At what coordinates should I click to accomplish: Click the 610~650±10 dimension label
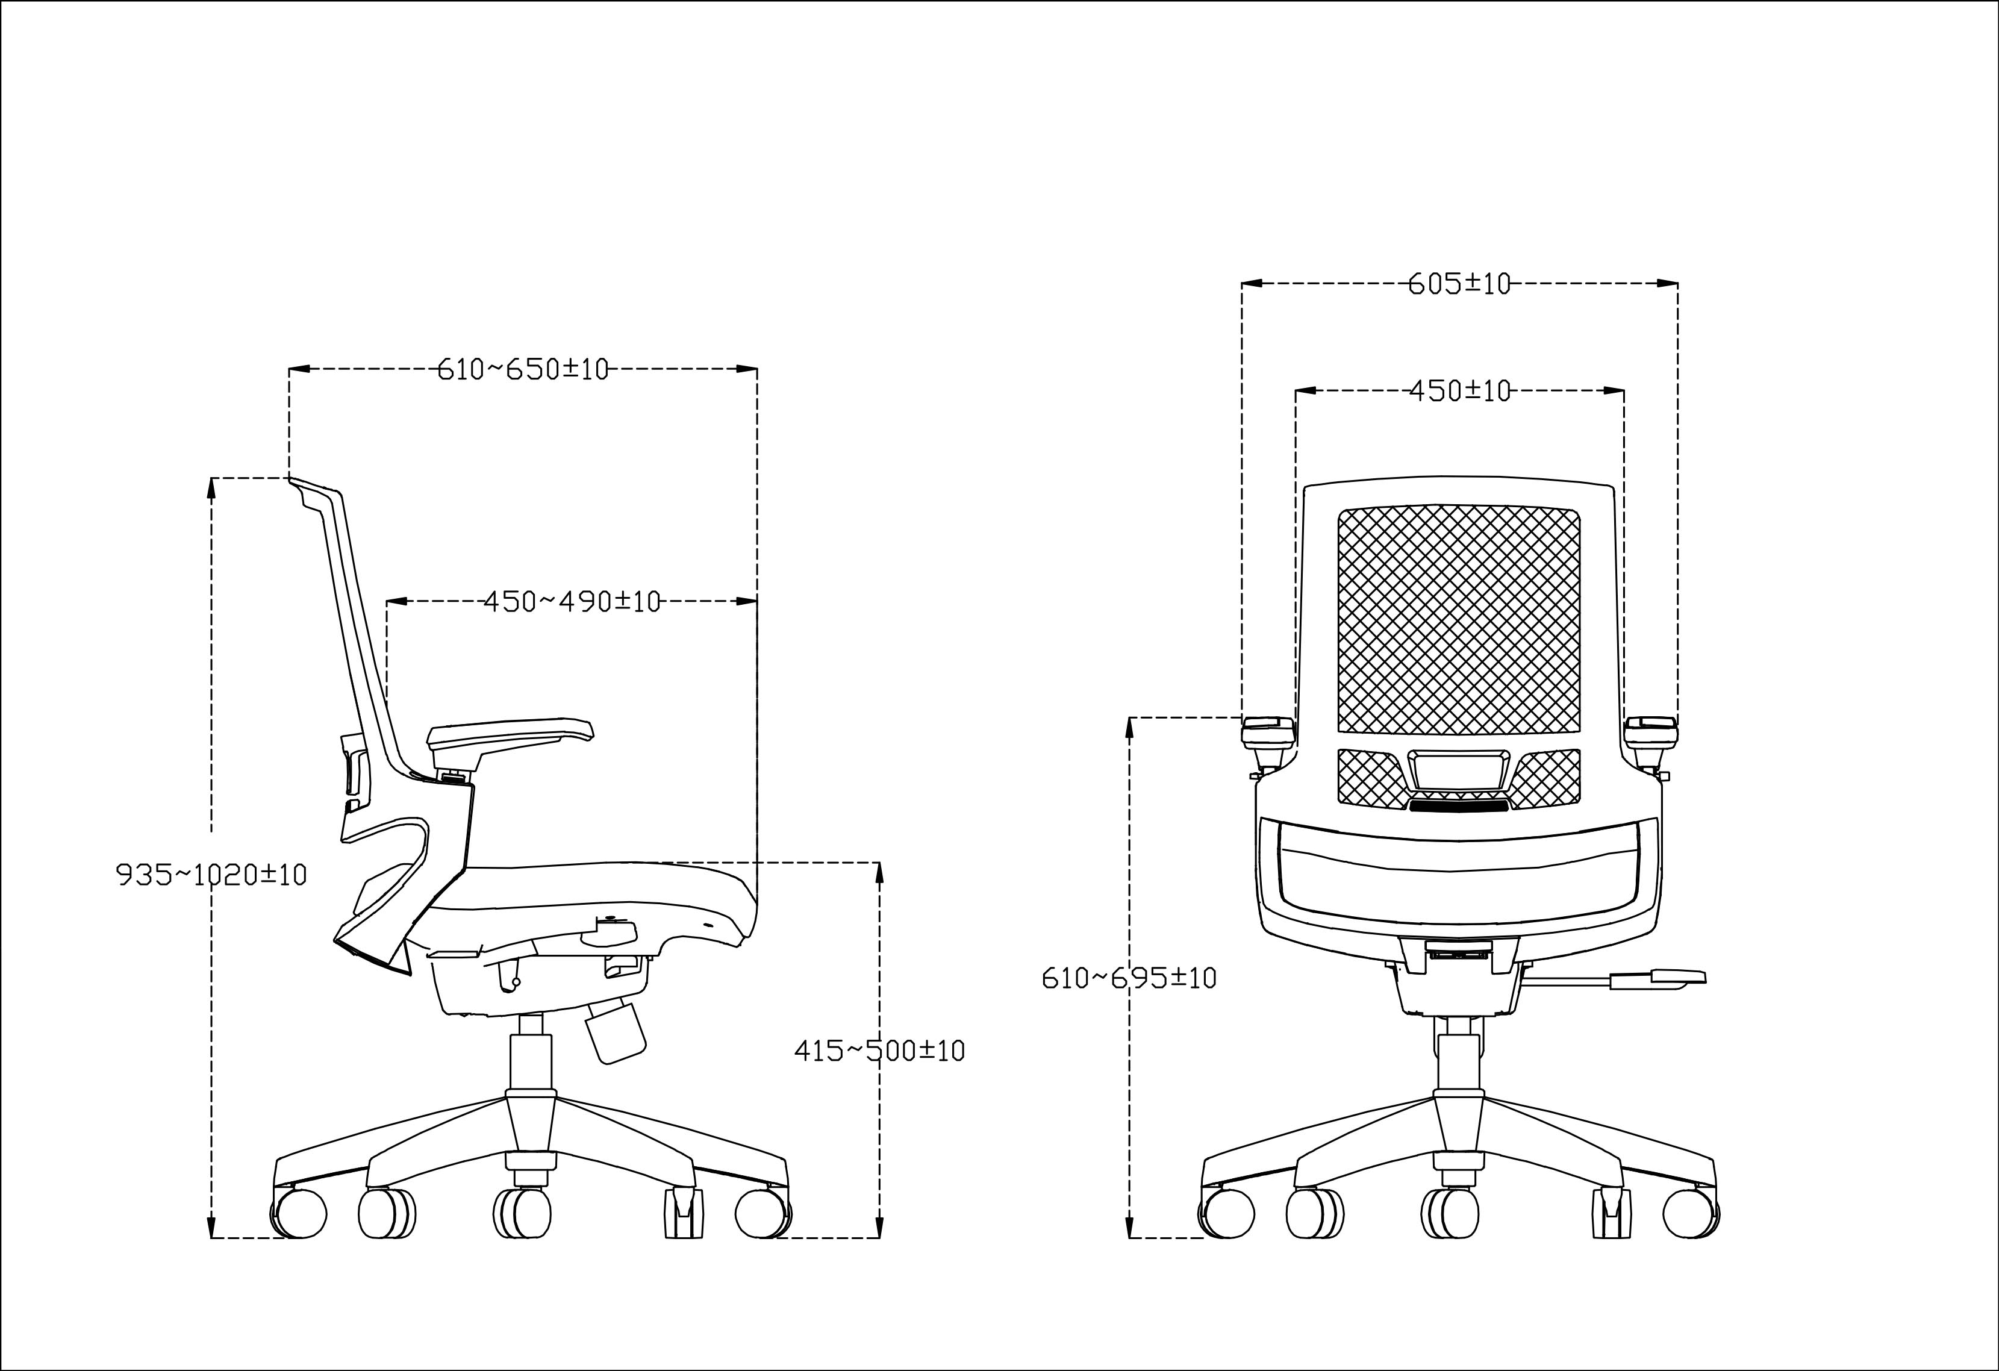523,369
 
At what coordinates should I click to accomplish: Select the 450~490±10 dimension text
572,601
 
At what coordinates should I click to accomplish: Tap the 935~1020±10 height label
211,875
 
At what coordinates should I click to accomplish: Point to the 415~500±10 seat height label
879,1050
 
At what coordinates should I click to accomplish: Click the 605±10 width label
1460,283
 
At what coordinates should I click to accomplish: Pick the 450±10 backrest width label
1460,392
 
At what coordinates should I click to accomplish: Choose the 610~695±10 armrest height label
1129,978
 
